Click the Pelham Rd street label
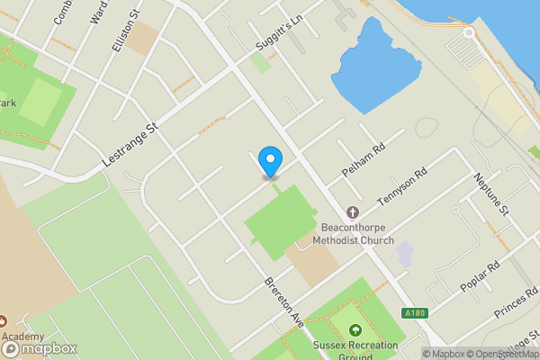pyautogui.click(x=364, y=158)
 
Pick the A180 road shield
pyautogui.click(x=413, y=311)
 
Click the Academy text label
pyautogui.click(x=22, y=337)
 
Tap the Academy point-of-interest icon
pyautogui.click(x=4, y=320)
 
